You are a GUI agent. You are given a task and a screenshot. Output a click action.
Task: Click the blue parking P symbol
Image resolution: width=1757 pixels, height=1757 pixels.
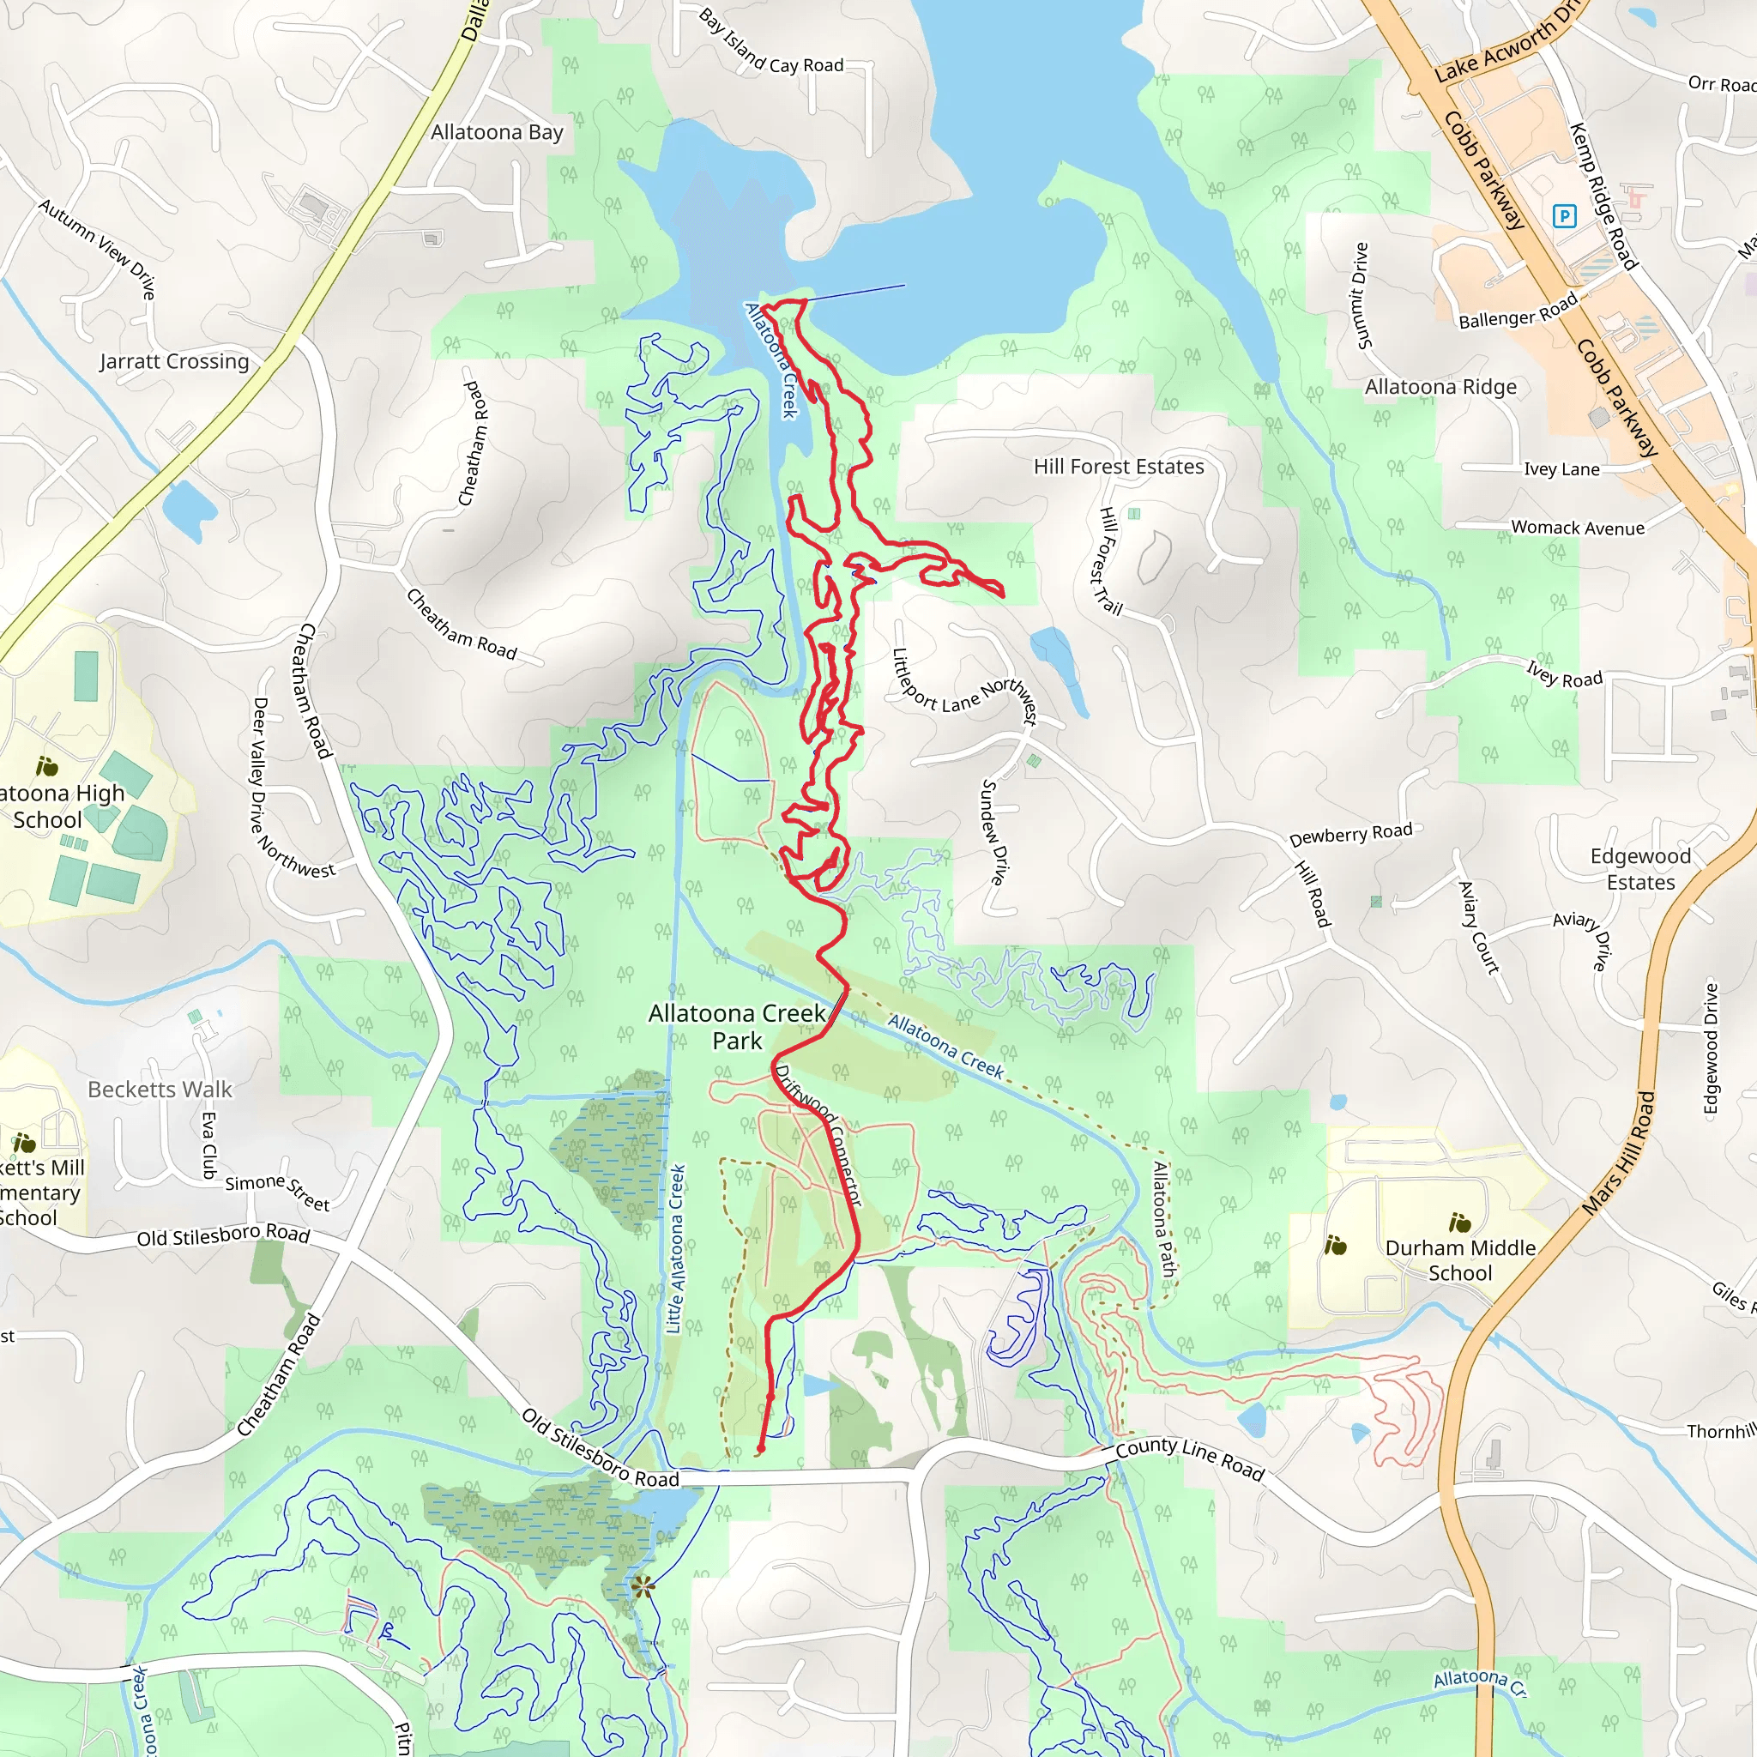[x=1564, y=215]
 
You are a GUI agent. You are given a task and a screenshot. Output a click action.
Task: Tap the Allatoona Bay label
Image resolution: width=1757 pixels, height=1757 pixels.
[x=497, y=133]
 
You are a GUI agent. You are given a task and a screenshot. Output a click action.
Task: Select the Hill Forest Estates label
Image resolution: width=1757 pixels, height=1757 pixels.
[x=1118, y=467]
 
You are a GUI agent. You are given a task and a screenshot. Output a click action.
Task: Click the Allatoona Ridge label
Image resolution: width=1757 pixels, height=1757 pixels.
[x=1440, y=388]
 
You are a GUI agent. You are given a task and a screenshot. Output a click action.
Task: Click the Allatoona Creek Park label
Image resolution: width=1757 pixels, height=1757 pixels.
[x=737, y=1027]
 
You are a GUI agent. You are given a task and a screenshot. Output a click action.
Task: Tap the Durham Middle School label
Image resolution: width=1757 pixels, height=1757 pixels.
[x=1459, y=1259]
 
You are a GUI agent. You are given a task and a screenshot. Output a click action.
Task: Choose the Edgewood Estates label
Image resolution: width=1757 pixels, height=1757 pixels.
[x=1639, y=868]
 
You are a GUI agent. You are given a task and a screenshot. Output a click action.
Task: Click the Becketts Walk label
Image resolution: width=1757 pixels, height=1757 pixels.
[x=160, y=1090]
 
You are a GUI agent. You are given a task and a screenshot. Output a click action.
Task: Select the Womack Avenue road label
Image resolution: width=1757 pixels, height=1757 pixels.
[x=1577, y=528]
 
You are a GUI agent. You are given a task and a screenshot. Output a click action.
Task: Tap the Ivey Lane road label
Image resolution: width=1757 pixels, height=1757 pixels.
[x=1561, y=469]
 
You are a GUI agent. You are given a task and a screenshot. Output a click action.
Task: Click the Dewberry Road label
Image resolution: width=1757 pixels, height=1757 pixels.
[x=1350, y=834]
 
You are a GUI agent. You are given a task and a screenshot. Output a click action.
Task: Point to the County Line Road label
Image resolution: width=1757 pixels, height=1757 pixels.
[x=1190, y=1458]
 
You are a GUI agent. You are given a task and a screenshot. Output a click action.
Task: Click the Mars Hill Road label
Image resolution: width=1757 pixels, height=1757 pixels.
[x=1619, y=1153]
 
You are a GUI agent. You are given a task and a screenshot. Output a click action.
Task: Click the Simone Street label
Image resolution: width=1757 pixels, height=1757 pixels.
[x=277, y=1192]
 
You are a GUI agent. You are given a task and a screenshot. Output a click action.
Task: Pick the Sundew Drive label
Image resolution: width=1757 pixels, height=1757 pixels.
[x=995, y=831]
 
